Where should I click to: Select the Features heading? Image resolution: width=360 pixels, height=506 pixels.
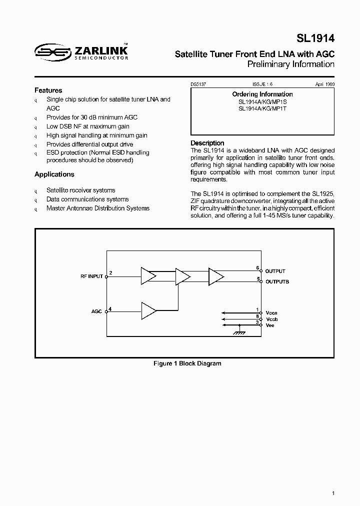click(x=48, y=90)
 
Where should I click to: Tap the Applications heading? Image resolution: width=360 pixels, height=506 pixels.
click(x=54, y=174)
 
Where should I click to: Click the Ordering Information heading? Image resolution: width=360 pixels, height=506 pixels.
click(x=262, y=94)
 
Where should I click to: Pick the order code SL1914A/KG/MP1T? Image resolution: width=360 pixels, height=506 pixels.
click(x=262, y=108)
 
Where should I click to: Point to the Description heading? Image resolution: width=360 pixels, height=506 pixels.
click(x=207, y=143)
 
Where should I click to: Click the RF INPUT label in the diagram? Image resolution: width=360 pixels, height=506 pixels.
click(x=91, y=276)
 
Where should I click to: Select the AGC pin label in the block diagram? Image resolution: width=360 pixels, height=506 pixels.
click(x=96, y=311)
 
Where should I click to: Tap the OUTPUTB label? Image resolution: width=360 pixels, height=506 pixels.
click(x=277, y=282)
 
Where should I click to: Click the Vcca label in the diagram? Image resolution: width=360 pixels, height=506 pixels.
click(x=271, y=311)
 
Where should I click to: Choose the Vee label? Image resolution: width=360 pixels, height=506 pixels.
click(x=270, y=325)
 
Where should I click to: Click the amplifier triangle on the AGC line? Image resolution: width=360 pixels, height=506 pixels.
click(x=149, y=310)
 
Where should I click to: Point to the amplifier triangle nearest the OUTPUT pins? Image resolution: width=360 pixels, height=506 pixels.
click(x=216, y=275)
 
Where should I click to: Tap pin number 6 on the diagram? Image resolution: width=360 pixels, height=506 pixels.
click(x=257, y=268)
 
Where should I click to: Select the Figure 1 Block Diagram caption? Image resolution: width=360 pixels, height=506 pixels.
click(x=187, y=363)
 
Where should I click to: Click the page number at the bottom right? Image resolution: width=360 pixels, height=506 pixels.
click(x=333, y=493)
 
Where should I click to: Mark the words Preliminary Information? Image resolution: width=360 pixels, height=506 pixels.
click(x=291, y=64)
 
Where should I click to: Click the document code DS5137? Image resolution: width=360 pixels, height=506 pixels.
click(x=198, y=85)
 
